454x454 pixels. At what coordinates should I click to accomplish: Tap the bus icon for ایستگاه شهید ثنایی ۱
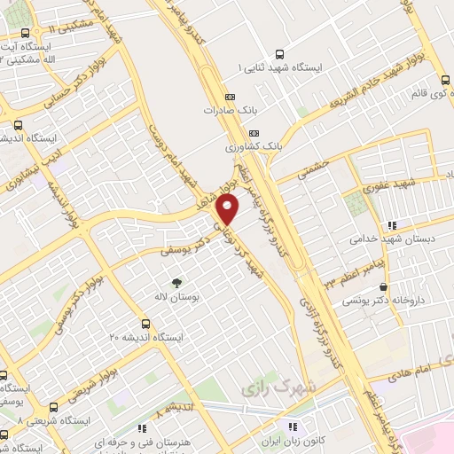point(281,53)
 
